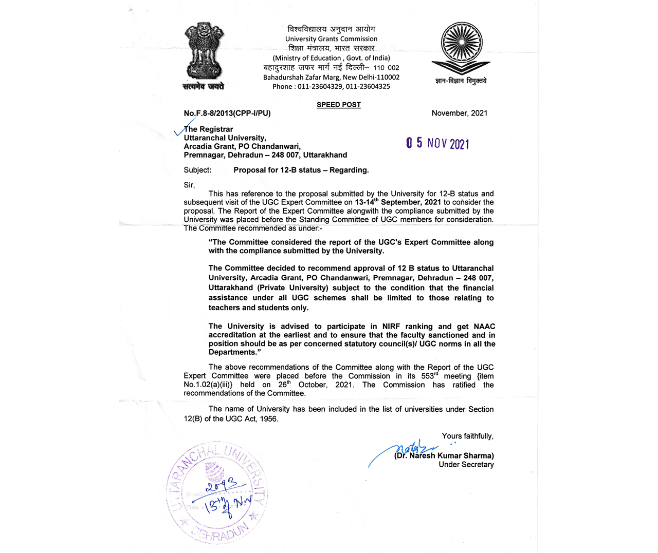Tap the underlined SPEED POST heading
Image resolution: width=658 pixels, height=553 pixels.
point(338,105)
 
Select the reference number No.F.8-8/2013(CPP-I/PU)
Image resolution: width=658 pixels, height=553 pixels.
point(227,113)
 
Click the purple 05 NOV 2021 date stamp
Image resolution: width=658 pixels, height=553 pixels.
point(437,143)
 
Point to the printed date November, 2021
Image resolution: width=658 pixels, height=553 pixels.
point(460,113)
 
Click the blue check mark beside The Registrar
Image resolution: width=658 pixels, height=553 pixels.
point(184,128)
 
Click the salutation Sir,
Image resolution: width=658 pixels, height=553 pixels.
point(189,185)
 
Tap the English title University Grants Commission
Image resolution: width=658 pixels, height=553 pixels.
point(331,39)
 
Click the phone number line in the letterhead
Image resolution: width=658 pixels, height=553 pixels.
point(331,86)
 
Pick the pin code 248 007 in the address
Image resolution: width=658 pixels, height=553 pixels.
point(285,155)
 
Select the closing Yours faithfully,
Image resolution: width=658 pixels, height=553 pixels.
point(467,436)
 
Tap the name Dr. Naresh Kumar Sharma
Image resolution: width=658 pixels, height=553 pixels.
point(444,455)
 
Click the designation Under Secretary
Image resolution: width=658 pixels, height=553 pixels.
point(466,465)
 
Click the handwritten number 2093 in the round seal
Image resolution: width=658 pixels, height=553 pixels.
point(222,484)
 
